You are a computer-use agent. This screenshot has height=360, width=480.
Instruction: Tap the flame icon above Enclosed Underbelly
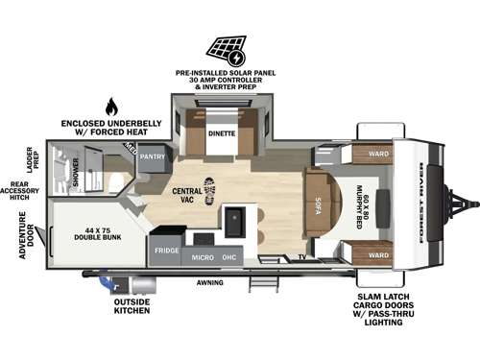coord(111,107)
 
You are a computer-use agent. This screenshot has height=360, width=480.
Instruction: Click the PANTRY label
coord(152,156)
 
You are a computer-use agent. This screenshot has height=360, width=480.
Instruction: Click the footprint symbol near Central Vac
coord(210,188)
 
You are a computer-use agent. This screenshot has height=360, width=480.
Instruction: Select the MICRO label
coord(202,258)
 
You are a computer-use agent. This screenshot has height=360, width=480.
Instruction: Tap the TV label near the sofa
coord(301,258)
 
